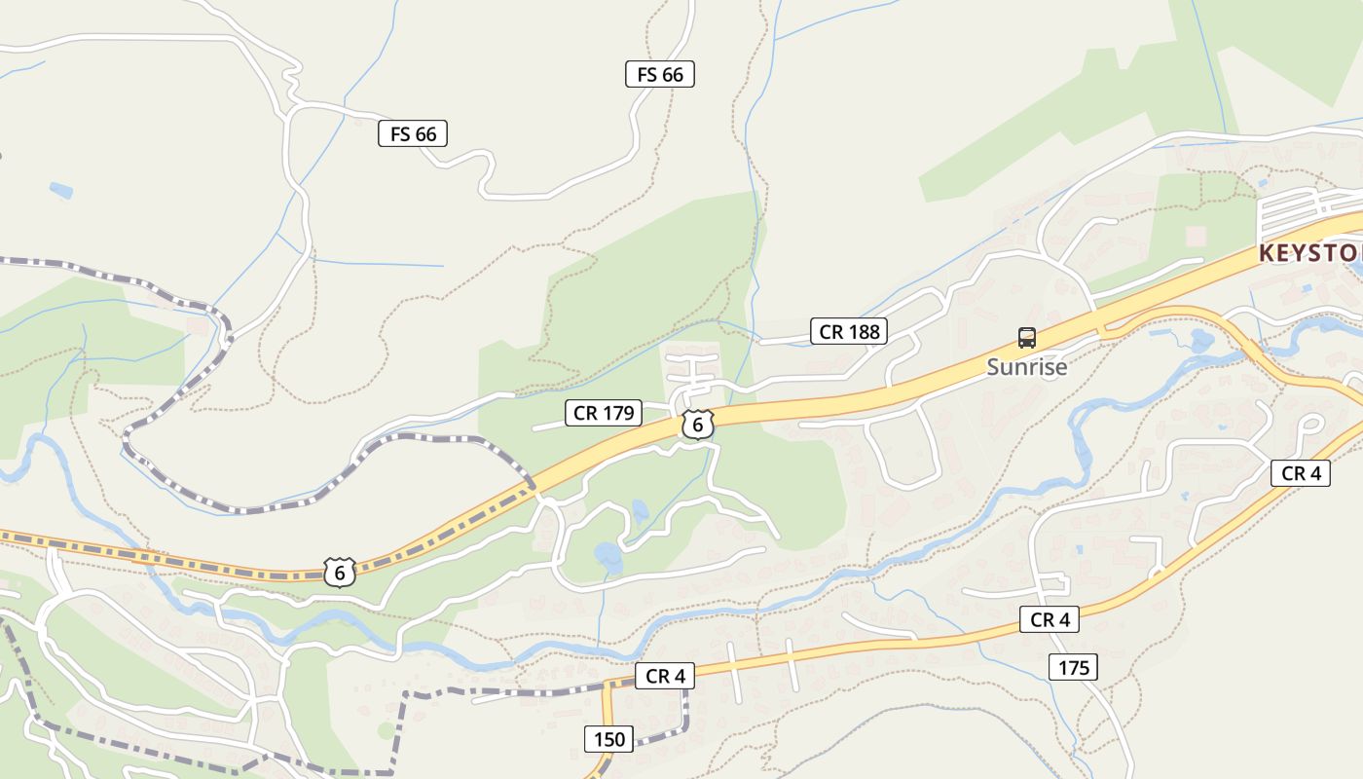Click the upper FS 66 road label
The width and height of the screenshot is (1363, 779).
(x=659, y=74)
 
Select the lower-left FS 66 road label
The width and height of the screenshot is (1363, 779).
(x=413, y=133)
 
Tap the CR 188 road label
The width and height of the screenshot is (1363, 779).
(x=849, y=331)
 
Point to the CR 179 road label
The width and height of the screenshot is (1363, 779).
(x=604, y=413)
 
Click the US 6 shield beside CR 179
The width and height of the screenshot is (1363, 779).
(x=697, y=425)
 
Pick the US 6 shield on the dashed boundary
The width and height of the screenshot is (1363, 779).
(x=339, y=573)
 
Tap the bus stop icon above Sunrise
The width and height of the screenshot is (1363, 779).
(x=1026, y=338)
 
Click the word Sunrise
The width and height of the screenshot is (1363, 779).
(x=1026, y=367)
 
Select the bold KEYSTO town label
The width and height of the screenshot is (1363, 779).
(x=1309, y=253)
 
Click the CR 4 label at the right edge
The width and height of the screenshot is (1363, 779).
(x=1301, y=473)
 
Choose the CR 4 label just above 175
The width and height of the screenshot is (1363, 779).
(x=1050, y=619)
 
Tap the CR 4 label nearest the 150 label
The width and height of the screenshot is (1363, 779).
(x=665, y=676)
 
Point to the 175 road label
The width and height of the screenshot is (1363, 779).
(x=1073, y=667)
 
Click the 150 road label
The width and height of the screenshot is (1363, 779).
(x=609, y=738)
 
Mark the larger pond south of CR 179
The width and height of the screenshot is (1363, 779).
(x=608, y=558)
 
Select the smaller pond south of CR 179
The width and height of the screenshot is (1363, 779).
(x=640, y=510)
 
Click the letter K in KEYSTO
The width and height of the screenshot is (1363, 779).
(x=1268, y=253)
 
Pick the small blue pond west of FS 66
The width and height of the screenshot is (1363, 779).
(x=60, y=190)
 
